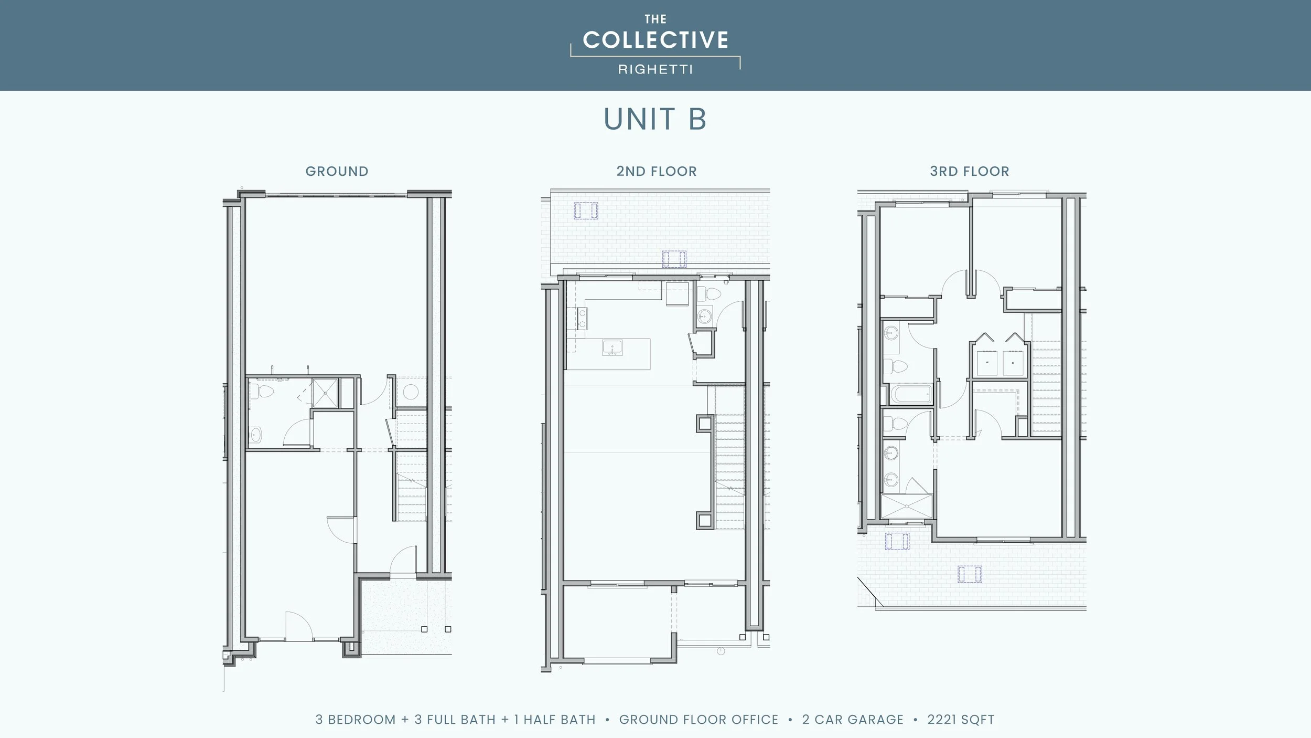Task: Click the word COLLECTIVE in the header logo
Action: pyautogui.click(x=655, y=40)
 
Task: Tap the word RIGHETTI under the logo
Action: pyautogui.click(x=655, y=69)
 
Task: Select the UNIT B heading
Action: pyautogui.click(x=655, y=119)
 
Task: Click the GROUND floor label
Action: pyautogui.click(x=337, y=171)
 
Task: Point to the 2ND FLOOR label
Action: pyautogui.click(x=657, y=171)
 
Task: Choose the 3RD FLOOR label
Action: pyautogui.click(x=969, y=171)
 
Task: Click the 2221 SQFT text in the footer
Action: pyautogui.click(x=961, y=719)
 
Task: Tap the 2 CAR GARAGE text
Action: pyautogui.click(x=853, y=719)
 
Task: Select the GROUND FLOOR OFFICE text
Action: pyautogui.click(x=699, y=719)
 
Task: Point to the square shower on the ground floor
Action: pyautogui.click(x=325, y=393)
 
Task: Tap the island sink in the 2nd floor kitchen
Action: pyautogui.click(x=612, y=347)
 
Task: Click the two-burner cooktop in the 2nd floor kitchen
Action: pyautogui.click(x=582, y=318)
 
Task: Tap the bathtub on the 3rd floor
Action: pyautogui.click(x=911, y=394)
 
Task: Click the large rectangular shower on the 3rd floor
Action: pyautogui.click(x=907, y=507)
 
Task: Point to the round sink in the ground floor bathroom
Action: pyautogui.click(x=256, y=434)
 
